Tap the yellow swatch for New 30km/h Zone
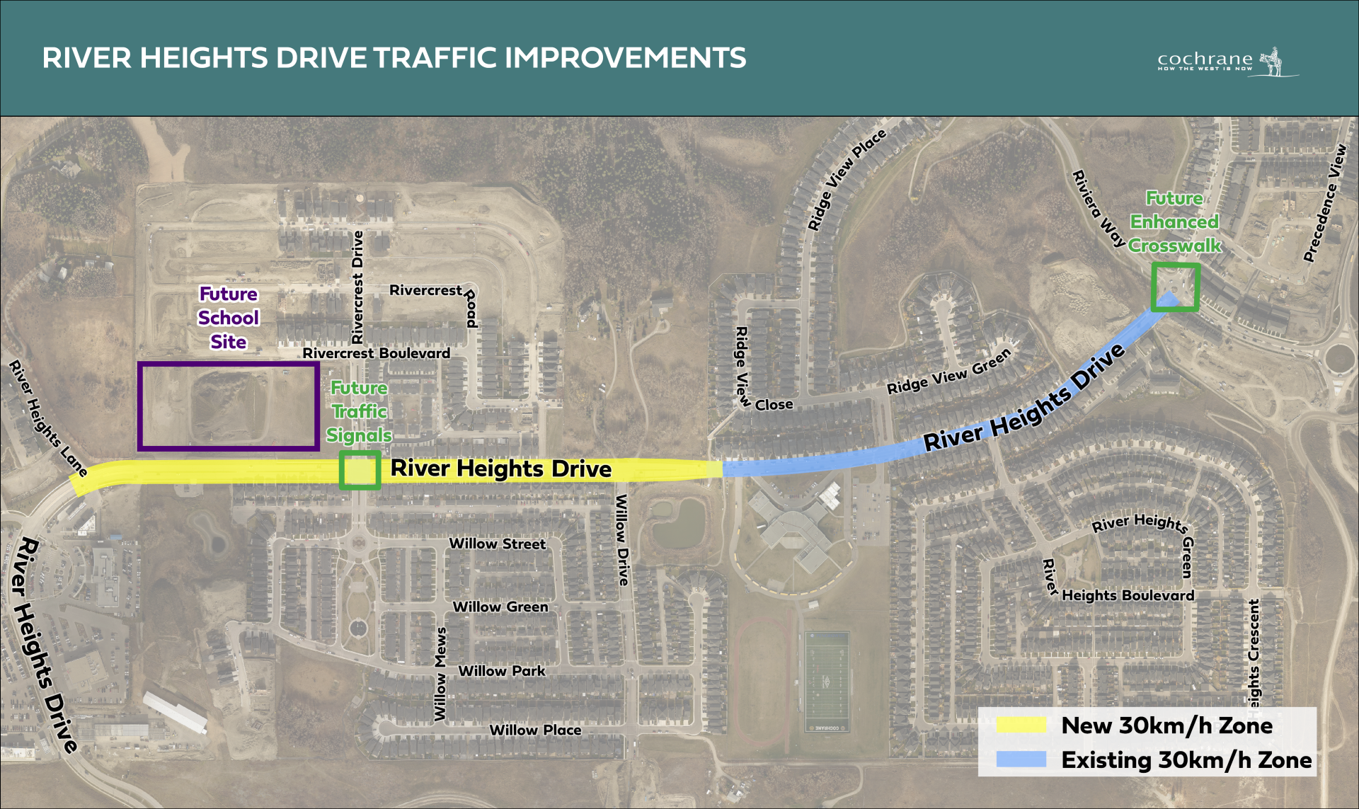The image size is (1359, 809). click(x=1021, y=725)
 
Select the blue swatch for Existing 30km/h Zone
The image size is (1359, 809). click(x=1021, y=759)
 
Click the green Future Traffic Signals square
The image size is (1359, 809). click(x=360, y=470)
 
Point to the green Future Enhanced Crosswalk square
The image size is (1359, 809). click(x=1175, y=287)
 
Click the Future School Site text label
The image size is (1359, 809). click(x=229, y=318)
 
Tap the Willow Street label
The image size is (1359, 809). click(x=498, y=544)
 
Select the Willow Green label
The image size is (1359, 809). click(x=500, y=607)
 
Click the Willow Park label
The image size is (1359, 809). click(x=502, y=670)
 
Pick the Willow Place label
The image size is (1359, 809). click(x=535, y=730)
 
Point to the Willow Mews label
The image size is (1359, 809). click(x=440, y=673)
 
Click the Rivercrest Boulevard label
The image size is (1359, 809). click(x=376, y=352)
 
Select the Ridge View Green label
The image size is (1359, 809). click(x=948, y=372)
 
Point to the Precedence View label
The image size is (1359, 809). click(x=1325, y=203)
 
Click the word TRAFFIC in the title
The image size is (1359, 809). click(x=436, y=58)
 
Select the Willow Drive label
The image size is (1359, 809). click(x=622, y=539)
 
